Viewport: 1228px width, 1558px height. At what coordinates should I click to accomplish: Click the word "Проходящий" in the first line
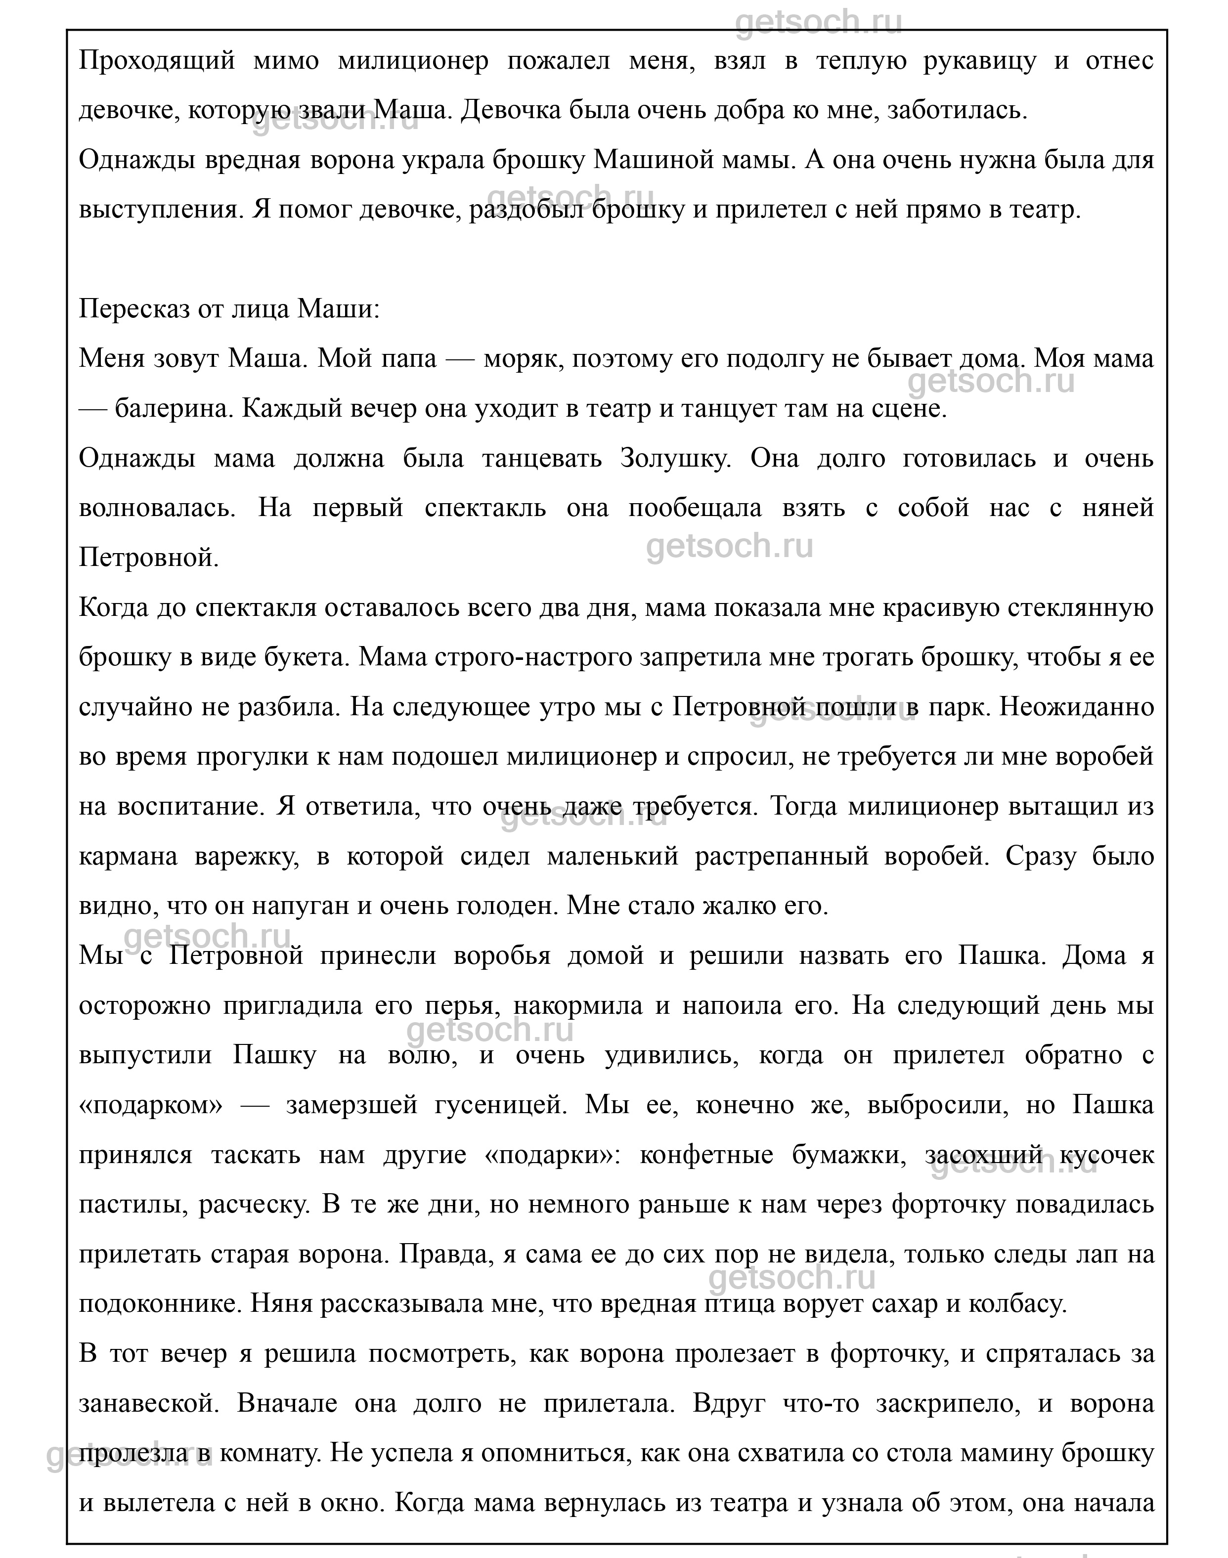[x=157, y=61]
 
